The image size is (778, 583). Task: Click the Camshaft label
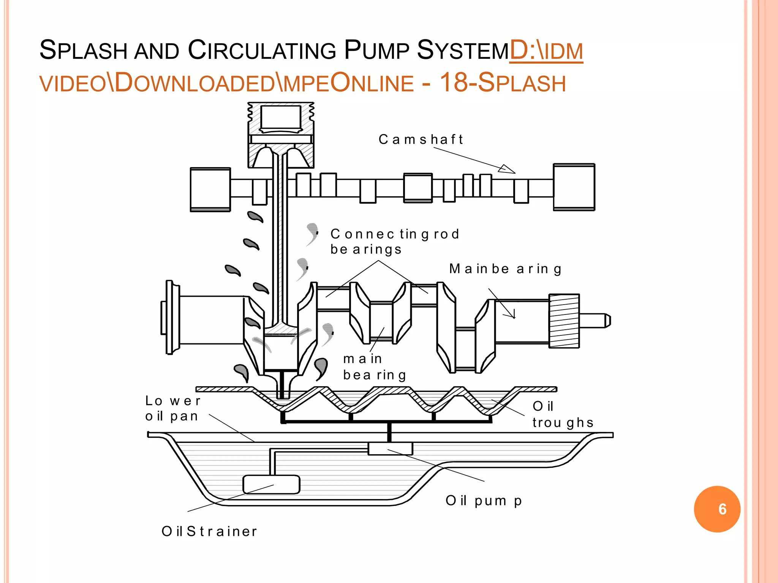click(421, 139)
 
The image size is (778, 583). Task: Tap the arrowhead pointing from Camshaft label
click(507, 169)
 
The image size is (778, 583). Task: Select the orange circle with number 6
click(717, 509)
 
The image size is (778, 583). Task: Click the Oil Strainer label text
click(209, 531)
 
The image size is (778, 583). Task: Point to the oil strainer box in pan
click(271, 485)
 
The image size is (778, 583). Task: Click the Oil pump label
click(484, 501)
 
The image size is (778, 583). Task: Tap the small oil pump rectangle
click(390, 449)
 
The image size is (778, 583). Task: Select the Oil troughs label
click(562, 414)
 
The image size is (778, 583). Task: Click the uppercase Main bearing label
click(505, 269)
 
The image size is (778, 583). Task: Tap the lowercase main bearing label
click(374, 367)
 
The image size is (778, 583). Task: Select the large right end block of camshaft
click(574, 187)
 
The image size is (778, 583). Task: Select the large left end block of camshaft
click(210, 189)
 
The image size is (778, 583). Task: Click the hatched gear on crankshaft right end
click(564, 321)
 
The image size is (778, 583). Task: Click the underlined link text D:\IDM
click(546, 50)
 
